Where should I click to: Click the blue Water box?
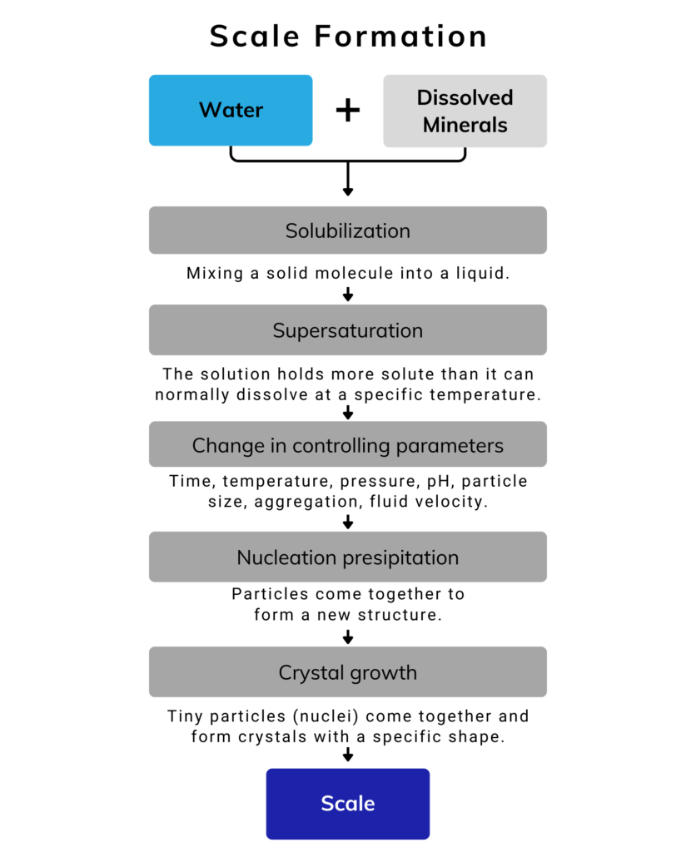tap(231, 110)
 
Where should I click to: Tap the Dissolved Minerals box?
tap(465, 111)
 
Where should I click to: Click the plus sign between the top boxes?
tap(348, 110)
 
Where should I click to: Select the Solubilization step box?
tap(348, 230)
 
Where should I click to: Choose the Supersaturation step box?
tap(348, 330)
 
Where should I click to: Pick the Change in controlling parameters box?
tap(348, 445)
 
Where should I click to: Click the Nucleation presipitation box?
tap(348, 557)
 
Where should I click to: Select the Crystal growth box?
tap(348, 672)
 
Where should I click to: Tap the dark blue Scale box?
tap(348, 804)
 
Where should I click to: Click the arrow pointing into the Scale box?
tap(348, 754)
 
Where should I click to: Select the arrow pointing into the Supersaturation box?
tap(348, 294)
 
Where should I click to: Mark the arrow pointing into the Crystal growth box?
tap(348, 637)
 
